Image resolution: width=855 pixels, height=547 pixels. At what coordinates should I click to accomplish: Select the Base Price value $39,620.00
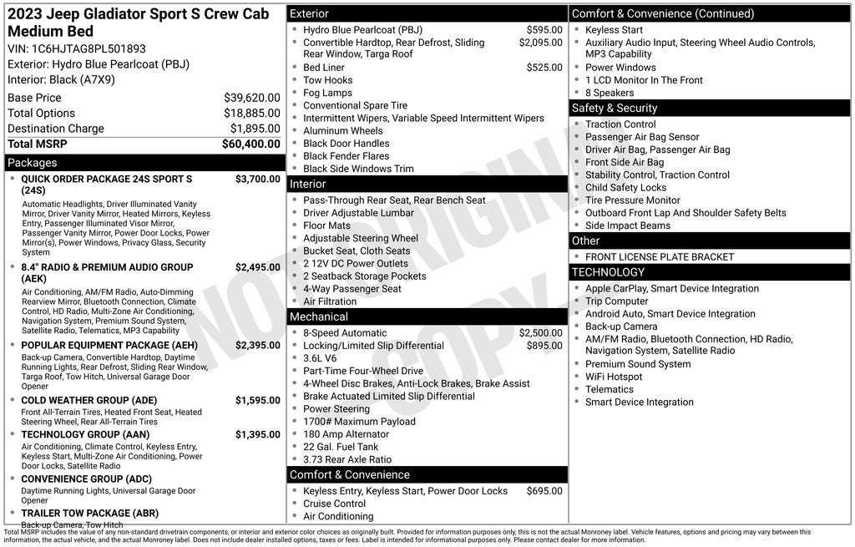[x=251, y=98]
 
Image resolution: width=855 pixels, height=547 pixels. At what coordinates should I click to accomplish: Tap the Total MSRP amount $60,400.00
[x=250, y=144]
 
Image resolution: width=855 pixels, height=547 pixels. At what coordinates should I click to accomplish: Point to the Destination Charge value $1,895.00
[x=255, y=129]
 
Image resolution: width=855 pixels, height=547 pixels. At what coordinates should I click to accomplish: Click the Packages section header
[x=33, y=163]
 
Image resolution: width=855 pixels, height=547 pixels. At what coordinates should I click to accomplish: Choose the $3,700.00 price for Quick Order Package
[x=257, y=179]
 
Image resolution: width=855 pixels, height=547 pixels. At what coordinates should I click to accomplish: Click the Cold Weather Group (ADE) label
[x=89, y=400]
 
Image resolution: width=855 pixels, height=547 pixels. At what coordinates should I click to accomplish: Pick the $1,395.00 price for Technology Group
[x=257, y=434]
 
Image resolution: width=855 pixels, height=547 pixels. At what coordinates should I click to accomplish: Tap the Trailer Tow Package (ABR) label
[x=89, y=513]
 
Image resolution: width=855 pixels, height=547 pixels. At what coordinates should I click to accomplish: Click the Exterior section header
[x=309, y=14]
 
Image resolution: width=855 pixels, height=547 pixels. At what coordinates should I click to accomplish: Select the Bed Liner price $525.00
[x=544, y=68]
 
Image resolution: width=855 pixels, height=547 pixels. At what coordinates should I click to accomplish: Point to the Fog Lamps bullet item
[x=327, y=93]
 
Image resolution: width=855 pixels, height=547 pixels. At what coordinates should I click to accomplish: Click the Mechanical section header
[x=318, y=317]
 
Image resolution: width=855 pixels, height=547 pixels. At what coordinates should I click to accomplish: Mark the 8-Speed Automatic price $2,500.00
[x=540, y=333]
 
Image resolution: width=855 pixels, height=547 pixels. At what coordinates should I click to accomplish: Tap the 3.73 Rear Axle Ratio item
[x=347, y=459]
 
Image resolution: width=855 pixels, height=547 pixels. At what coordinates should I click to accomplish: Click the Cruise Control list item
[x=334, y=504]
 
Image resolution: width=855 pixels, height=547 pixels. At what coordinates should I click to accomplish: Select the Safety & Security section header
[x=614, y=108]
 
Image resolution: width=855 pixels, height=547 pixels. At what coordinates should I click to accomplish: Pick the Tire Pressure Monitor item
[x=632, y=200]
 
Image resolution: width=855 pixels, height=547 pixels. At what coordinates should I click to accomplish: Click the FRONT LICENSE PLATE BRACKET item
[x=660, y=257]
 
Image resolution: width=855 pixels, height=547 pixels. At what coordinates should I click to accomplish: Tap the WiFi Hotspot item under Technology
[x=614, y=377]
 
